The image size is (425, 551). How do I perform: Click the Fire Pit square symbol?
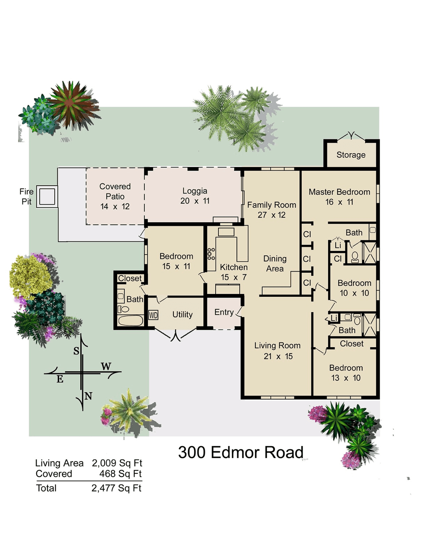47,196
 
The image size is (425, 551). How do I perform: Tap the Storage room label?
351,155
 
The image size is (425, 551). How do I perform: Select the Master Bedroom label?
339,192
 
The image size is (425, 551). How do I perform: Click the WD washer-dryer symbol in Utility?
153,315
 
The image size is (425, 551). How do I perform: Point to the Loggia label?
195,191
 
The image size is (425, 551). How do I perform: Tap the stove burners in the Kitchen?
211,254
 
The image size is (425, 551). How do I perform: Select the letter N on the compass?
89,396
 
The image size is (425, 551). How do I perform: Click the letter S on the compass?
76,351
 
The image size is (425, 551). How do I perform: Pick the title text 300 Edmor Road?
240,452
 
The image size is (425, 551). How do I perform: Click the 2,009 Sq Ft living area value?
117,463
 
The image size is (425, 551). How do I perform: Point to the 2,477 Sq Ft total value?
116,488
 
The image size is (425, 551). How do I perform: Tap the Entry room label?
224,312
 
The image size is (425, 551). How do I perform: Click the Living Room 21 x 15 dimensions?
278,356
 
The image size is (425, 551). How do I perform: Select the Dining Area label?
275,264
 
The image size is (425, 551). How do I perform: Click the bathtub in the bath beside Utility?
130,320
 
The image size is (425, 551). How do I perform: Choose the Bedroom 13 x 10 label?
346,372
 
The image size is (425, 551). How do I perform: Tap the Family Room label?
272,205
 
